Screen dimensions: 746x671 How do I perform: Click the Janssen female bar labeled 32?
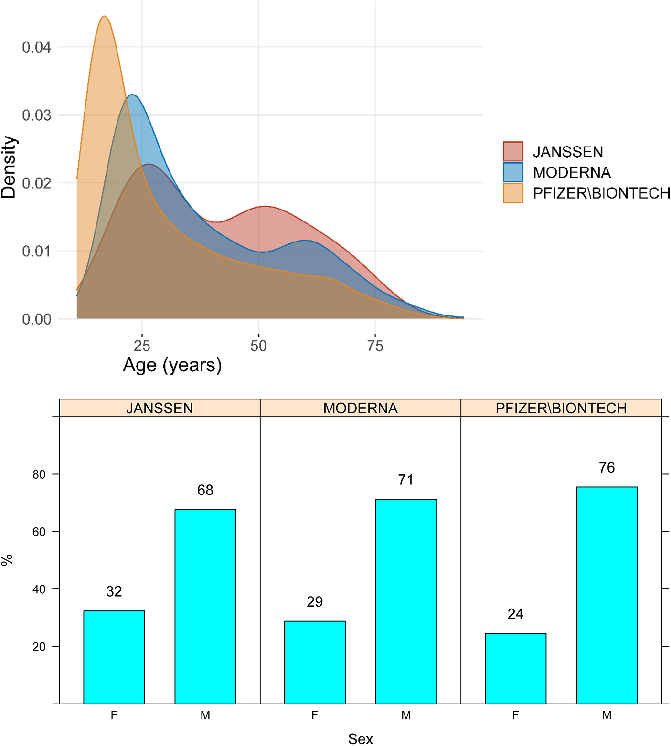pyautogui.click(x=114, y=657)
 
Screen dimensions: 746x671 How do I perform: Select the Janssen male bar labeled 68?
pyautogui.click(x=205, y=606)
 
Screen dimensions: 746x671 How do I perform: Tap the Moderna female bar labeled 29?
pyautogui.click(x=314, y=662)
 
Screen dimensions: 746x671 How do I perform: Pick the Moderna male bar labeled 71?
pyautogui.click(x=405, y=601)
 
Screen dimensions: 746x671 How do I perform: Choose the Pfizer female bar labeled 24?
pyautogui.click(x=515, y=668)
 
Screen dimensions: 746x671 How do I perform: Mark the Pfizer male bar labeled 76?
pyautogui.click(x=607, y=595)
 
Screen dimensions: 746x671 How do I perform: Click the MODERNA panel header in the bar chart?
pyautogui.click(x=360, y=408)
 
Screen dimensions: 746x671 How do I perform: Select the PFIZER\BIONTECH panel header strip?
pyautogui.click(x=561, y=408)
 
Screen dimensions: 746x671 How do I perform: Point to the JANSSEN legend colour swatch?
pyautogui.click(x=513, y=151)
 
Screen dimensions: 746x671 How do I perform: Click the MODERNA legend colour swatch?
pyautogui.click(x=513, y=172)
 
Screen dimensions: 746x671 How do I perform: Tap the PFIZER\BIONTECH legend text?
pyautogui.click(x=601, y=193)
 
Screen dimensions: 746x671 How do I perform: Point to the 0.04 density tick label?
pyautogui.click(x=36, y=47)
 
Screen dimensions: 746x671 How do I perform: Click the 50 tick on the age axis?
pyautogui.click(x=258, y=345)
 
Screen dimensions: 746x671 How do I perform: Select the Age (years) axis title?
pyautogui.click(x=172, y=365)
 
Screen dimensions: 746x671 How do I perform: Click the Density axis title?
pyautogui.click(x=9, y=167)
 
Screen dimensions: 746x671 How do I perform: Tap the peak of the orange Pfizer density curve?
pyautogui.click(x=105, y=17)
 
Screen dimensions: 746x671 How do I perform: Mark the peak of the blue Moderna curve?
pyautogui.click(x=132, y=95)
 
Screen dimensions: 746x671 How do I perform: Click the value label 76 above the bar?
pyautogui.click(x=607, y=467)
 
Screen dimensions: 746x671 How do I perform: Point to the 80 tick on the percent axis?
pyautogui.click(x=39, y=474)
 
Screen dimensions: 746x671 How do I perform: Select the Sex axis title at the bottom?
pyautogui.click(x=360, y=738)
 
